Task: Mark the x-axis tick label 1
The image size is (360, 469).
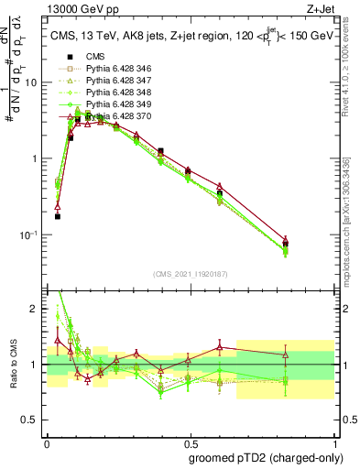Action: (333, 440)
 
